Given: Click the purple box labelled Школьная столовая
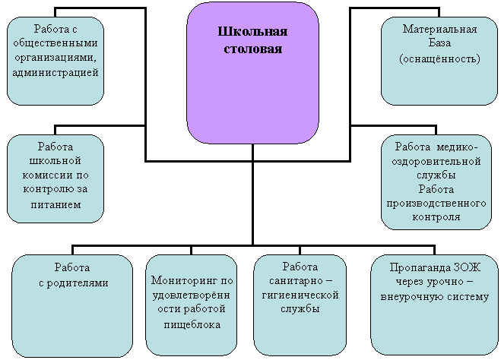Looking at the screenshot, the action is (252, 73).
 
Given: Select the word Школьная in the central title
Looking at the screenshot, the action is (252, 32).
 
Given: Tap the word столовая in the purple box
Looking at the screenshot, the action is (252, 49).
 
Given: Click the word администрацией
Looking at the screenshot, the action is (55, 73).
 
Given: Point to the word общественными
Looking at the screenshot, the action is (55, 43).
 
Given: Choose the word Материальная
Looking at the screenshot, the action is (439, 30).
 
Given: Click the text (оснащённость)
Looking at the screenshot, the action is (439, 58).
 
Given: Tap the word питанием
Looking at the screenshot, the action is (56, 204).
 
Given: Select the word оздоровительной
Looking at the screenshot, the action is (436, 161).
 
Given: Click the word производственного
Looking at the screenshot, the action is (436, 204).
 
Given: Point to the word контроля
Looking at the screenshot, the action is (436, 217).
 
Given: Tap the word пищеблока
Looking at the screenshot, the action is (192, 324).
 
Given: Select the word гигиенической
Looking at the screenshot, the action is (300, 295).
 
